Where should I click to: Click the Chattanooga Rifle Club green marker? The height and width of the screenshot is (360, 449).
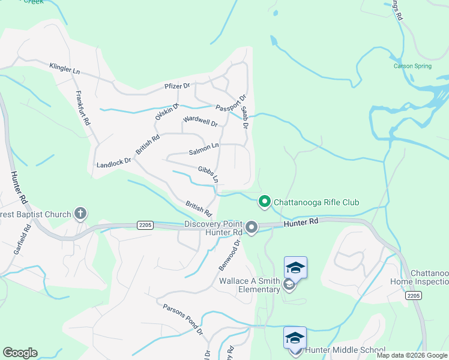264,202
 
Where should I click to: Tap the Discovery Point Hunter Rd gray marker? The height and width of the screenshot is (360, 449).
252,227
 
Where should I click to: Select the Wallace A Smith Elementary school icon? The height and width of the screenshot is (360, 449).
295,267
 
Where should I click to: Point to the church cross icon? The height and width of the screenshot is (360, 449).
80,214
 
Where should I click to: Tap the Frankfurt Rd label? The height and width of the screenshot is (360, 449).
83,107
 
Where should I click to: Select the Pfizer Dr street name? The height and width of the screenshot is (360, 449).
177,86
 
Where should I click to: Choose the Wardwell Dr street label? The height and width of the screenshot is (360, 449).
200,123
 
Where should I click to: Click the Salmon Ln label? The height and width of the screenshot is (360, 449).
204,146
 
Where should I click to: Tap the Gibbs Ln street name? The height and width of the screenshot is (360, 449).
208,174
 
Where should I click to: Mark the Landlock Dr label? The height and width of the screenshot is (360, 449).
113,163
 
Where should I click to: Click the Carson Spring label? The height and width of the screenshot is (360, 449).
412,66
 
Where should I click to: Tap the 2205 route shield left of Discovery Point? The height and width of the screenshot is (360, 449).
145,225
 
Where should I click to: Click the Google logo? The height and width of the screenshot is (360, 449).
20,353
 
